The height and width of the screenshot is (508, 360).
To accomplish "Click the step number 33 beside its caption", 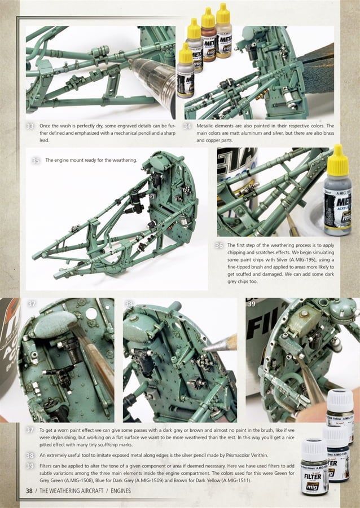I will (32, 125).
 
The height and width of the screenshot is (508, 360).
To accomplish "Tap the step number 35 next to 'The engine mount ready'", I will (36, 161).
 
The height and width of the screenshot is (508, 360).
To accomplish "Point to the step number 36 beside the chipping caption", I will (219, 246).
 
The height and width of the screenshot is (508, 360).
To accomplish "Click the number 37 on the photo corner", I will (32, 304).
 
